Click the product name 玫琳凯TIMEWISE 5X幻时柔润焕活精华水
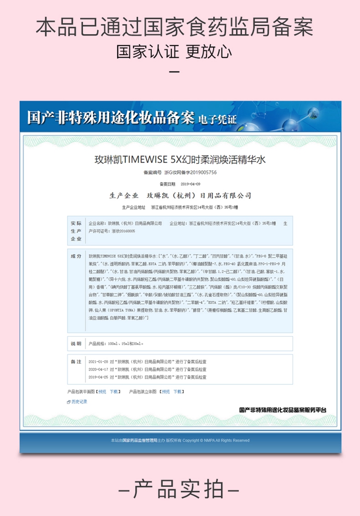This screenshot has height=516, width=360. coord(180,160)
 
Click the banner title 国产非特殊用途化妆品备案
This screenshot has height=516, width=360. coord(110,117)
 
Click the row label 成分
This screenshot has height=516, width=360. coord(76,256)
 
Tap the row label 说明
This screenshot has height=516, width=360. coord(76,344)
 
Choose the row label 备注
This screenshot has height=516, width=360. coord(76,361)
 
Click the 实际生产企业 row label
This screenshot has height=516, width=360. coord(76,231)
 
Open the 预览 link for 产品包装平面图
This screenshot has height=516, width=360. coord(102,392)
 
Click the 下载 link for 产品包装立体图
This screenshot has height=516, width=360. coord(178,392)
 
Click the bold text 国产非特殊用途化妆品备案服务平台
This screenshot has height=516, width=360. coord(283,410)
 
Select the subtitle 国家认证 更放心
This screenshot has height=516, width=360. coord(174,51)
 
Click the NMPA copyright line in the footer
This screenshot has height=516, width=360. coord(180,440)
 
